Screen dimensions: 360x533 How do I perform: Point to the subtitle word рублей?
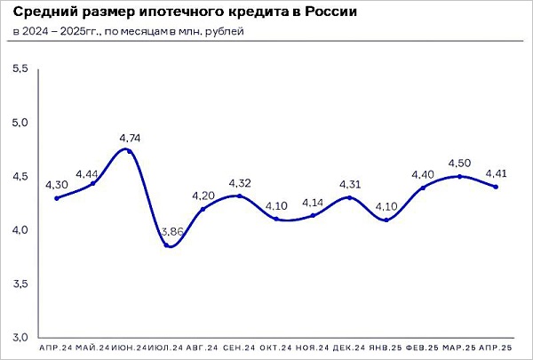[225, 32]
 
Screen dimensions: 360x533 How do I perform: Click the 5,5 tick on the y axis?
[20, 68]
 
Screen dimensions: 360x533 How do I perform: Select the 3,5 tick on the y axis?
[20, 284]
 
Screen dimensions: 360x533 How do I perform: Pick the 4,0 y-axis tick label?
[20, 230]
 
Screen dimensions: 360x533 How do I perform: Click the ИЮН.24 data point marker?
[130, 151]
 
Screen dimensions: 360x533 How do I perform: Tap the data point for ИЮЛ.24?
[167, 244]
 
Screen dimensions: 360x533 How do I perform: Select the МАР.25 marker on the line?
[458, 176]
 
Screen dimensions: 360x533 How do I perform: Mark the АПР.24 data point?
[57, 198]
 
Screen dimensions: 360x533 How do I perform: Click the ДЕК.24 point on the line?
[349, 197]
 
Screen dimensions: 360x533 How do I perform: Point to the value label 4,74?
[130, 138]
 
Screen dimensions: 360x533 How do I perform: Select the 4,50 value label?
[458, 163]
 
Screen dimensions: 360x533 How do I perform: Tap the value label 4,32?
[240, 182]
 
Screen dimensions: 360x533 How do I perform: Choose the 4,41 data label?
[495, 173]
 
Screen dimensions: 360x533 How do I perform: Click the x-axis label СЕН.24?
[240, 347]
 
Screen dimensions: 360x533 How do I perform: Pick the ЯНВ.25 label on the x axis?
[386, 347]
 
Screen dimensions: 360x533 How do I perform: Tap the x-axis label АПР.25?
[494, 347]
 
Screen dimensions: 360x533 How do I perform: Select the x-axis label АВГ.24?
[203, 347]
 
